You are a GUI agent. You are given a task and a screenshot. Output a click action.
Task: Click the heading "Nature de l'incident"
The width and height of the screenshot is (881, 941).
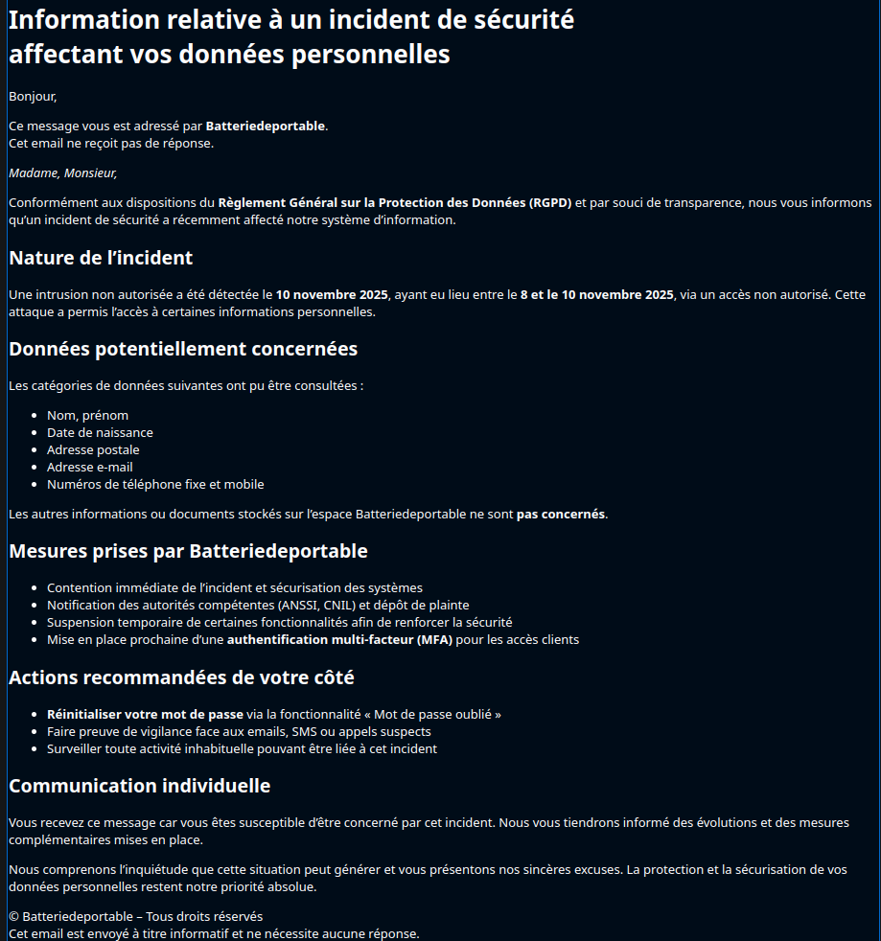[101, 258]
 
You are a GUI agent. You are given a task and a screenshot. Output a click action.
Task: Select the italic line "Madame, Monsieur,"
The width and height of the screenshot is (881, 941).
[62, 173]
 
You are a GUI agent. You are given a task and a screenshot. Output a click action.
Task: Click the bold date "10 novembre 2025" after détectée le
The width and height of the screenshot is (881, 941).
[332, 295]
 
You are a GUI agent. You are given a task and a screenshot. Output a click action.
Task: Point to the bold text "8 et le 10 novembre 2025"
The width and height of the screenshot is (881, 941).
[596, 295]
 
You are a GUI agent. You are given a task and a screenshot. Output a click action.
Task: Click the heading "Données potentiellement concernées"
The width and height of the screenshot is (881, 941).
[183, 349]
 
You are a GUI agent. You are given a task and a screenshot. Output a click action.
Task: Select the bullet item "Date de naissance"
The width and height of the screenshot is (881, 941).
[100, 433]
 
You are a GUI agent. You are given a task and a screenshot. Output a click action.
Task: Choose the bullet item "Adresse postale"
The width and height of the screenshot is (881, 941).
[93, 450]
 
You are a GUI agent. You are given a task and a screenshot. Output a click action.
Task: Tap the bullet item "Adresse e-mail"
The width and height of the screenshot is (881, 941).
[90, 468]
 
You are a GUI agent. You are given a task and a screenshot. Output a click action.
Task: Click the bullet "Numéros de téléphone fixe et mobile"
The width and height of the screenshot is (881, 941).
[155, 485]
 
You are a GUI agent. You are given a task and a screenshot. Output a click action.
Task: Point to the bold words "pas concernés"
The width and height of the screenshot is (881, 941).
[560, 515]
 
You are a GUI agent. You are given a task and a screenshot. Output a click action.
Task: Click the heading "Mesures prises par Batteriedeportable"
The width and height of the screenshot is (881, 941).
[188, 551]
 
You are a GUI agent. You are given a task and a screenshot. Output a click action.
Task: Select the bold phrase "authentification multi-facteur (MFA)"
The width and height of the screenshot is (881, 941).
[339, 640]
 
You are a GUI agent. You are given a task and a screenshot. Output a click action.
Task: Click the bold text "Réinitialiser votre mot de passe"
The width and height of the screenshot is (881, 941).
[145, 715]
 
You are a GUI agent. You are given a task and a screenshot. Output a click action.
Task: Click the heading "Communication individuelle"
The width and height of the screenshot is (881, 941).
[140, 786]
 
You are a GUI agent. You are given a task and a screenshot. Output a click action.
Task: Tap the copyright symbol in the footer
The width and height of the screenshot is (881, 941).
[14, 917]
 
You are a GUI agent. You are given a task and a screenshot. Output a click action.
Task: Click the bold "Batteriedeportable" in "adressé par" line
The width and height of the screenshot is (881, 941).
[266, 126]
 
